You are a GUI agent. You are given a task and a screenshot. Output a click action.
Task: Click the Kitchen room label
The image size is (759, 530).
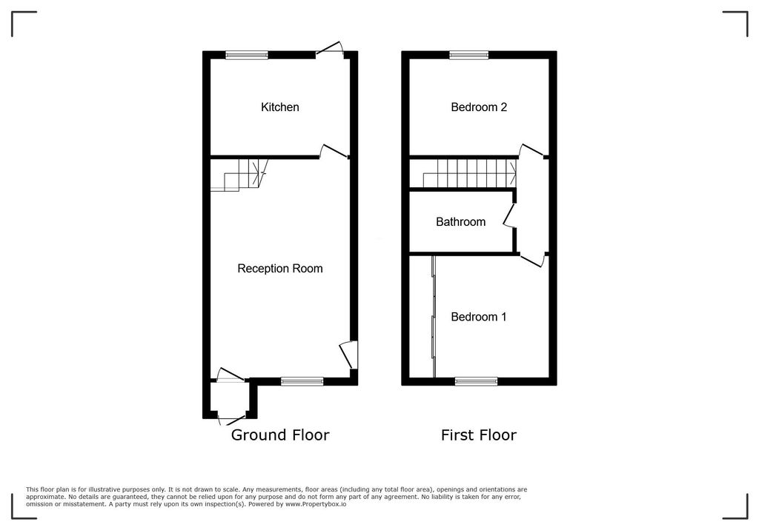(279, 107)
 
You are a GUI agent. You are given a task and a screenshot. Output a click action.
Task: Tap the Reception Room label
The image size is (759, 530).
(279, 269)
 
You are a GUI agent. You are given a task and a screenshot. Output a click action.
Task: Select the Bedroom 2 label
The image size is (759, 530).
(479, 107)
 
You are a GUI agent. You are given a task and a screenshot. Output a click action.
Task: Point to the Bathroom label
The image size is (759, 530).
(460, 222)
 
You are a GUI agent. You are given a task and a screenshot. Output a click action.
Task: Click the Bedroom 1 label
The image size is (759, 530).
(479, 317)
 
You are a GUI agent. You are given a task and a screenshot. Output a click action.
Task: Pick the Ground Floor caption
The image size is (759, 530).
(279, 435)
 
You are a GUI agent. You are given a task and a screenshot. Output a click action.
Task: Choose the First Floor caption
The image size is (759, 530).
(479, 435)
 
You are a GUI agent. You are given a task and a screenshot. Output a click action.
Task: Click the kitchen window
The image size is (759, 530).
(247, 55)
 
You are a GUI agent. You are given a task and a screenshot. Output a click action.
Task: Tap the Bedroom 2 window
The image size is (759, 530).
(468, 55)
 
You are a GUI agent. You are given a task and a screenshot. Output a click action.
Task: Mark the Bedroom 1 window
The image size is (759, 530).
(476, 381)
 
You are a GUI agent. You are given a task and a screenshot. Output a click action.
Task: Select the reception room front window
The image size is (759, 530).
(302, 381)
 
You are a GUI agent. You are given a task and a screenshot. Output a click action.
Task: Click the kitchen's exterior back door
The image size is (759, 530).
(330, 50)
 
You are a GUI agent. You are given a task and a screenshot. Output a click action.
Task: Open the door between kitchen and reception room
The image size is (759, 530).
(334, 151)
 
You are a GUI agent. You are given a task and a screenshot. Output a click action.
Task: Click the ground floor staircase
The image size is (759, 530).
(239, 175)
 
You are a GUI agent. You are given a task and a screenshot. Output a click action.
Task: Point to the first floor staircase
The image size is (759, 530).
(469, 174)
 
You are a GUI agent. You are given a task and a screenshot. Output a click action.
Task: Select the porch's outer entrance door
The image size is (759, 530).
(231, 420)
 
